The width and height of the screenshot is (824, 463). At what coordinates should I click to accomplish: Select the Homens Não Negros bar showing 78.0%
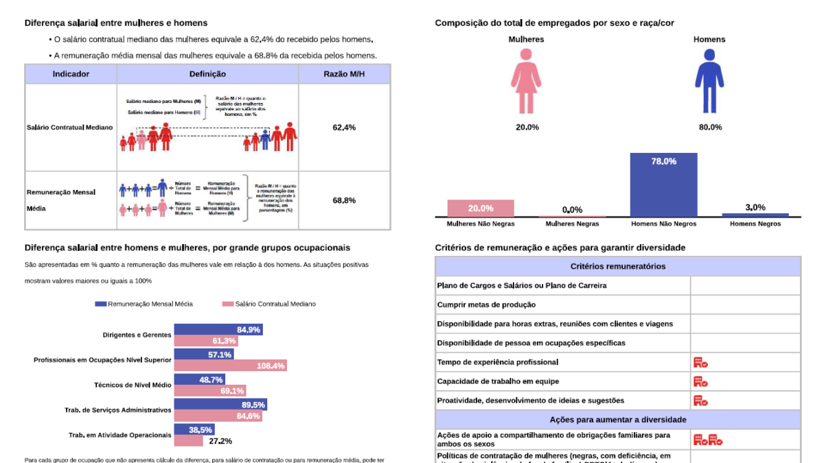click(x=663, y=185)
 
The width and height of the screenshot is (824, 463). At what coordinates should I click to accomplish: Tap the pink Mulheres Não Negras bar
click(x=481, y=209)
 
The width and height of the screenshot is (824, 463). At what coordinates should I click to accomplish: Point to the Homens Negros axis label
click(x=755, y=224)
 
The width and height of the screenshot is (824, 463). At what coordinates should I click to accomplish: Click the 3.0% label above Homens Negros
click(x=755, y=207)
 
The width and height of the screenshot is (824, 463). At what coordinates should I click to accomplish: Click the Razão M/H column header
click(x=344, y=74)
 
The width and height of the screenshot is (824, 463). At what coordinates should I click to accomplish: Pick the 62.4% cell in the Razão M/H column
click(x=344, y=128)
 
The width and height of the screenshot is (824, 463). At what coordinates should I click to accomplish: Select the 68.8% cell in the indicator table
click(x=344, y=200)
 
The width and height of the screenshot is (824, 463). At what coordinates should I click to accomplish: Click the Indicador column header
click(x=71, y=74)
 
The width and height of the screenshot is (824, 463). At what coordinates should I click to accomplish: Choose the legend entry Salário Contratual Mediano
click(x=268, y=304)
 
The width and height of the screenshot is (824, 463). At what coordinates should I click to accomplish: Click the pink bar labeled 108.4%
click(x=229, y=366)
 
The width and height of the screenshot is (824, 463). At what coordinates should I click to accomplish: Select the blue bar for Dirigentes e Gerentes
click(x=218, y=330)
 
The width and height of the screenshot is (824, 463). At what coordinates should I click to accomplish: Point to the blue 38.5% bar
click(x=194, y=429)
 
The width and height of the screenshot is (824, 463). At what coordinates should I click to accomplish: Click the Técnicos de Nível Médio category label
click(x=132, y=385)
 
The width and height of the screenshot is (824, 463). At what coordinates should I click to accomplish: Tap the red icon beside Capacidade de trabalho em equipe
click(x=700, y=381)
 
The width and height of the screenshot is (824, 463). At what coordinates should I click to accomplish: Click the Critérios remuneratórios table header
click(x=618, y=266)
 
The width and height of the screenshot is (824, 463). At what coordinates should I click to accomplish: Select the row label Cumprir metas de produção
click(x=486, y=305)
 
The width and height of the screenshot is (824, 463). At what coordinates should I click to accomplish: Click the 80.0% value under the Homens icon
click(x=710, y=127)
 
